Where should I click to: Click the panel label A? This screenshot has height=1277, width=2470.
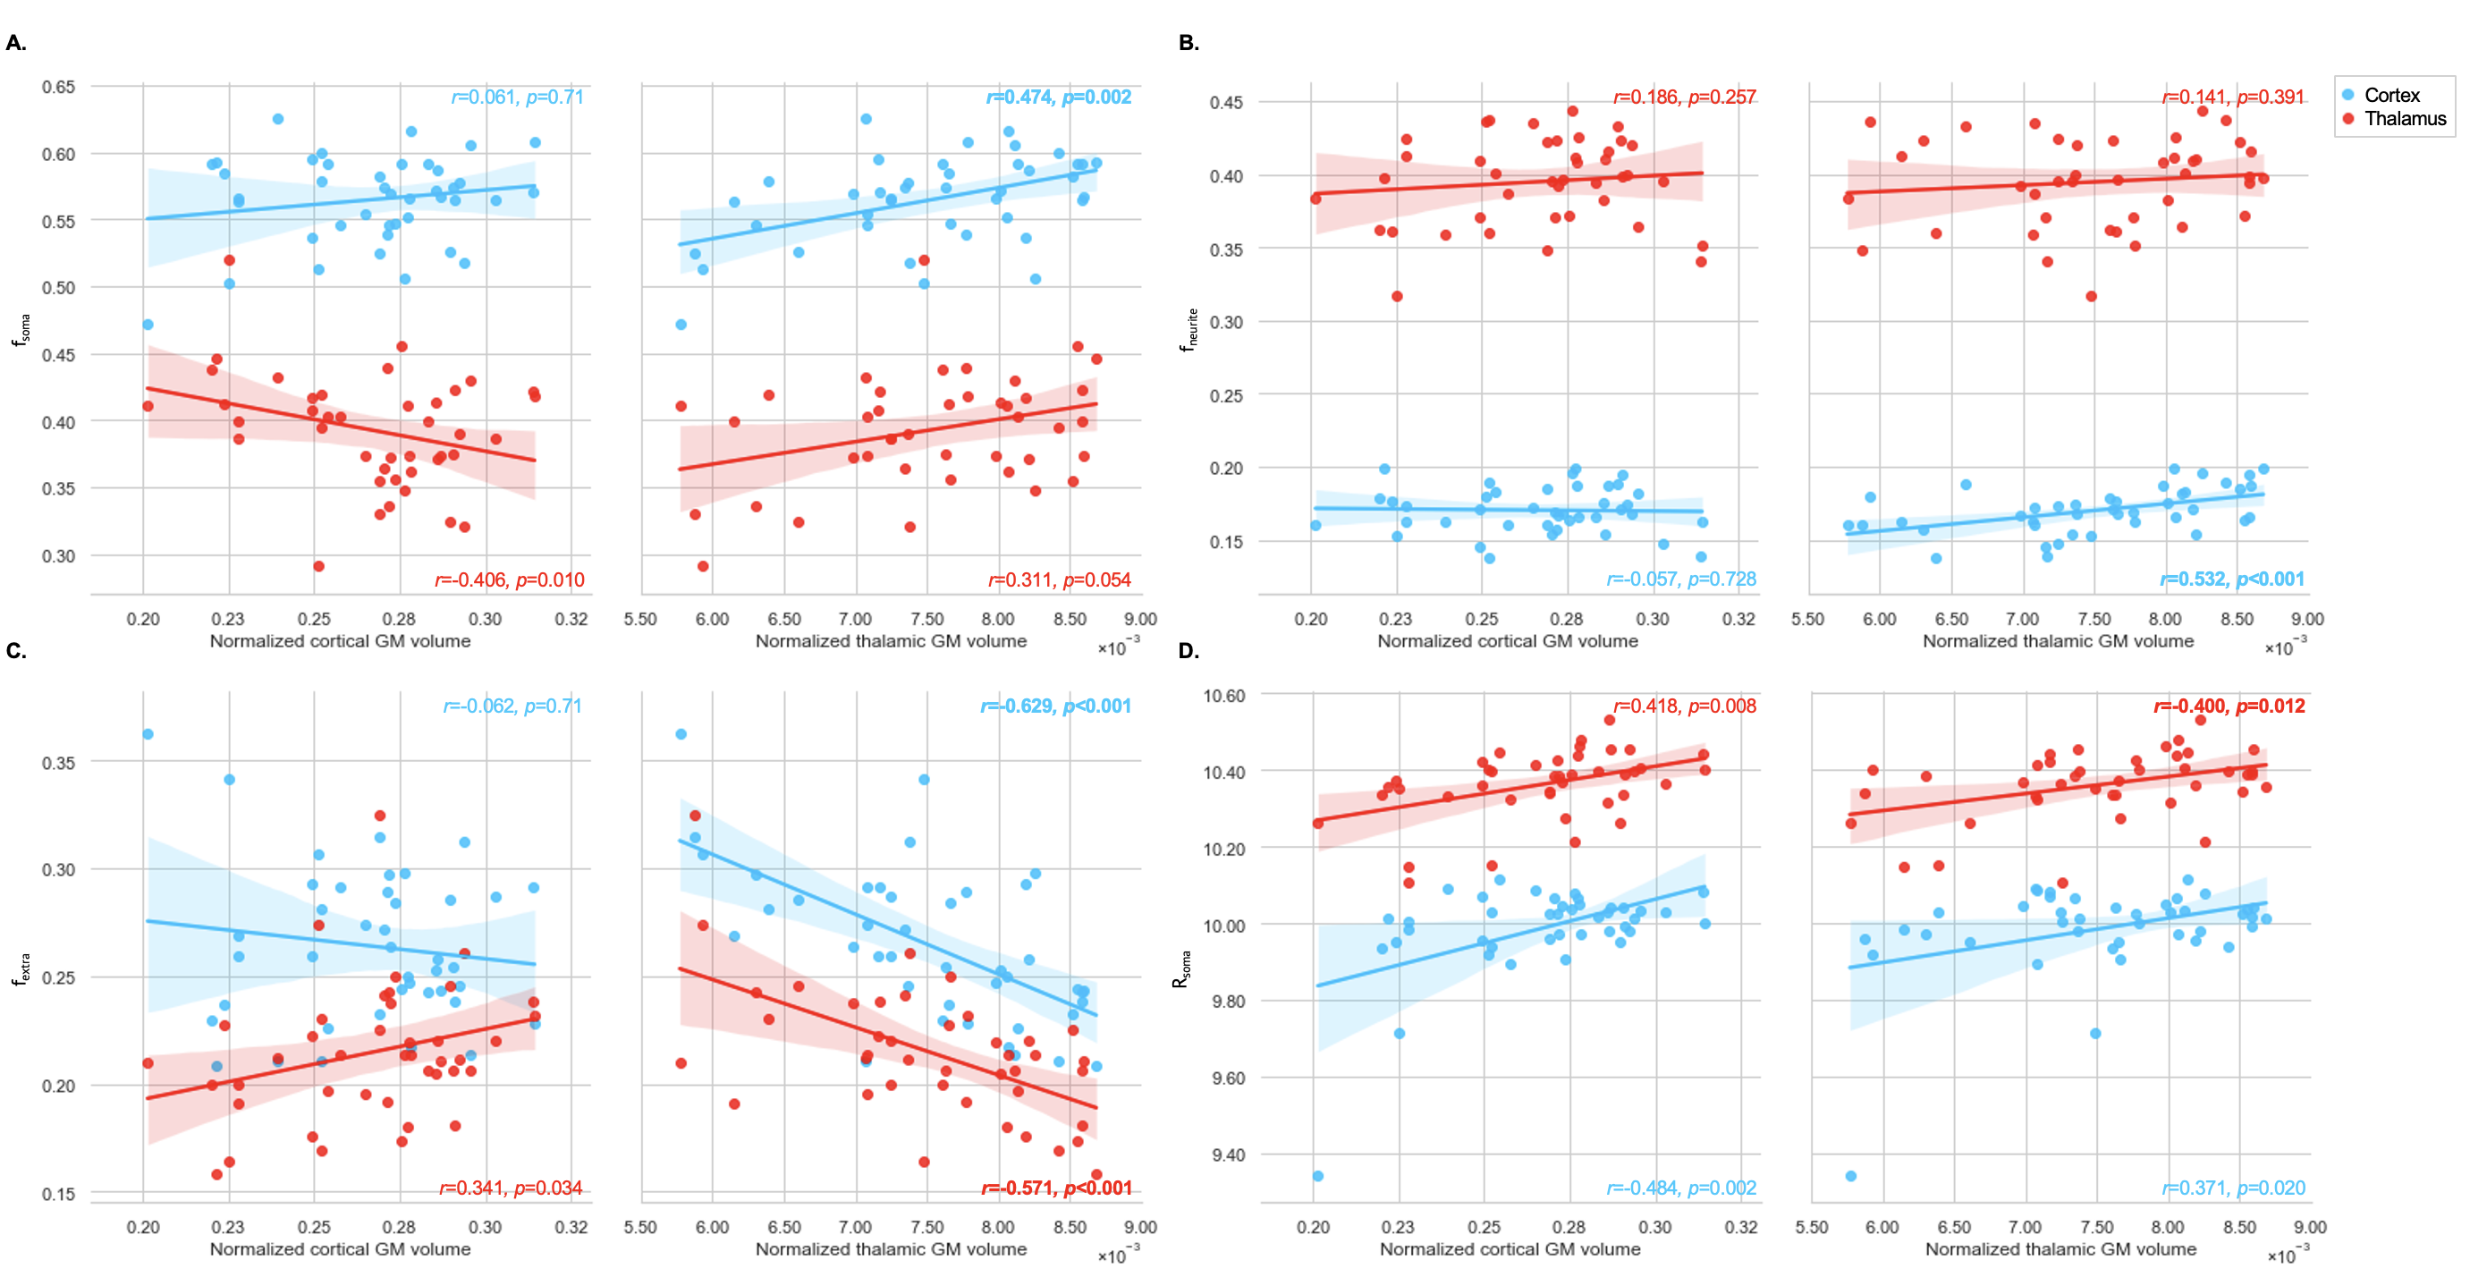(16, 43)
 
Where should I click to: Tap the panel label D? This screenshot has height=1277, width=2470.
(1188, 651)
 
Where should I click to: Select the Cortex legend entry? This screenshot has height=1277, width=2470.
(2392, 95)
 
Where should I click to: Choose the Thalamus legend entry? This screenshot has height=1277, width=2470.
(2405, 119)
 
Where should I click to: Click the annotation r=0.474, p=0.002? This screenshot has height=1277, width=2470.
(1059, 97)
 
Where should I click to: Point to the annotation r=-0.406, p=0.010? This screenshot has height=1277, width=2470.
(509, 579)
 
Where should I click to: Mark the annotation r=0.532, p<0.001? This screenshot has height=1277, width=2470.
(2231, 579)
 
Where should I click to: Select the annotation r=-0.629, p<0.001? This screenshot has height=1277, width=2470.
(1054, 706)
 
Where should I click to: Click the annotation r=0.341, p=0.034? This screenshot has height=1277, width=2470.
(510, 1188)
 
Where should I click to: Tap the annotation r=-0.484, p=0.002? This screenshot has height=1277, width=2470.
(1681, 1188)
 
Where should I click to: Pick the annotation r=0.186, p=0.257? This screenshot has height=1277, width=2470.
(1684, 97)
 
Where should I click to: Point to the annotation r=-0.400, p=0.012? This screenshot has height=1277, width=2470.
(2229, 706)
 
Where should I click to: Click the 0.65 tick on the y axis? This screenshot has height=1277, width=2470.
(58, 88)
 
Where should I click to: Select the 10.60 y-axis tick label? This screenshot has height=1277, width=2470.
(1223, 696)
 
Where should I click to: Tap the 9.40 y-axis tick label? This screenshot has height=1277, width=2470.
(1228, 1155)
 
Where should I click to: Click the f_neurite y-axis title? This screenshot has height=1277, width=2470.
(1189, 330)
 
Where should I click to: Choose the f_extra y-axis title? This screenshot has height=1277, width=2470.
(21, 969)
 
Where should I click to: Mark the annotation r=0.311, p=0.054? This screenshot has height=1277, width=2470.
(1060, 579)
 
